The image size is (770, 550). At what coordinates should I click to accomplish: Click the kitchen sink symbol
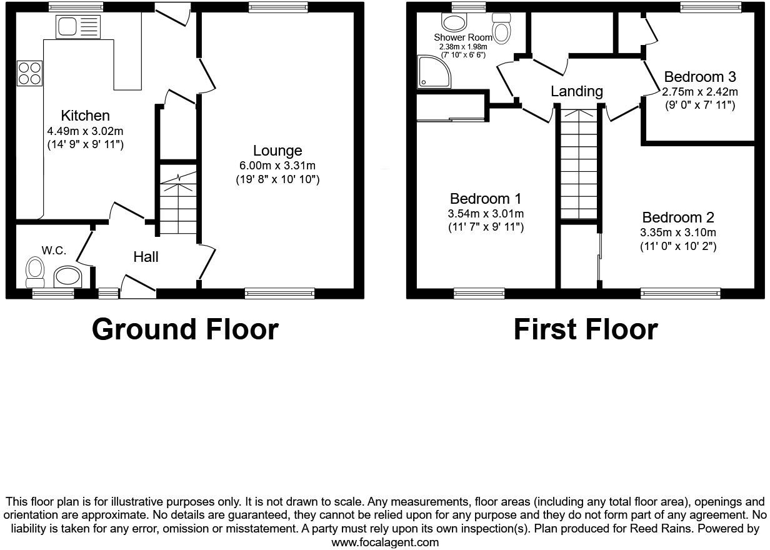click(x=78, y=27)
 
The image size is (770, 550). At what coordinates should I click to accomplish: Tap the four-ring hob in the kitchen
click(x=29, y=72)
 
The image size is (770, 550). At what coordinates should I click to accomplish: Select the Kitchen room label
click(x=85, y=116)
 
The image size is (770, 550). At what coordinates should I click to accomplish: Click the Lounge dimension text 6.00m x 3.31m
click(x=277, y=166)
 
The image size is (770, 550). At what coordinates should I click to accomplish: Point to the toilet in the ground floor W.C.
click(x=34, y=271)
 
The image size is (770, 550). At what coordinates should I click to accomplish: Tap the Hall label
click(x=146, y=257)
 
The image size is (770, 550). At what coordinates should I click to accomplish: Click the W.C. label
click(x=54, y=251)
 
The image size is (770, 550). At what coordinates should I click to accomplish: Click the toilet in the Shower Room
click(x=502, y=27)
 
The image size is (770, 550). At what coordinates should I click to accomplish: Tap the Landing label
click(x=576, y=92)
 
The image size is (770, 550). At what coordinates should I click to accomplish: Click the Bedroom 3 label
click(x=699, y=77)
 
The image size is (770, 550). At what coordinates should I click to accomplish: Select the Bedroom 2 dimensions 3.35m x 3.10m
click(x=678, y=232)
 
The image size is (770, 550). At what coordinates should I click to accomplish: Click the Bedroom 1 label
click(x=486, y=199)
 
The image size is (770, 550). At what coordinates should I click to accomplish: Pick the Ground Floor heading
click(x=185, y=329)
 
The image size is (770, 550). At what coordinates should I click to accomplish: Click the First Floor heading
click(x=586, y=329)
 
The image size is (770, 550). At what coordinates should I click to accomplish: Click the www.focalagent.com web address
click(x=385, y=542)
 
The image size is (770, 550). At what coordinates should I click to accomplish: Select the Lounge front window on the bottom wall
click(x=279, y=292)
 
